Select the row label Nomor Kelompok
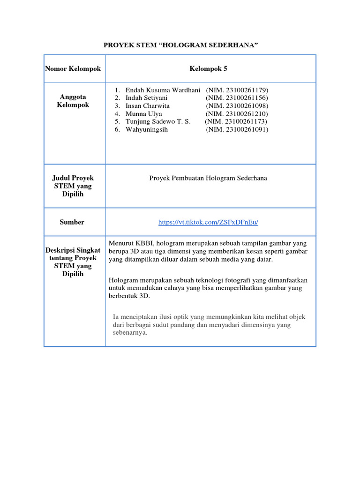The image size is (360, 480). [73, 69]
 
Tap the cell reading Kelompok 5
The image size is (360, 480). [208, 69]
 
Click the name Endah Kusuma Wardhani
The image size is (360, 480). [163, 90]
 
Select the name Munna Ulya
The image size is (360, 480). [143, 113]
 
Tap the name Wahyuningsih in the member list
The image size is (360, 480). [146, 129]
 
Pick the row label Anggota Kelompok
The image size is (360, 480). [73, 101]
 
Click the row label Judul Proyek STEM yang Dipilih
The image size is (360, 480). [73, 186]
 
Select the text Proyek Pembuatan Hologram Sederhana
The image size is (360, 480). [208, 178]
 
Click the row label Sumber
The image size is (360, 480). [72, 222]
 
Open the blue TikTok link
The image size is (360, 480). [208, 222]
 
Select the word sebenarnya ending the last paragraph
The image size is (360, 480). [130, 333]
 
